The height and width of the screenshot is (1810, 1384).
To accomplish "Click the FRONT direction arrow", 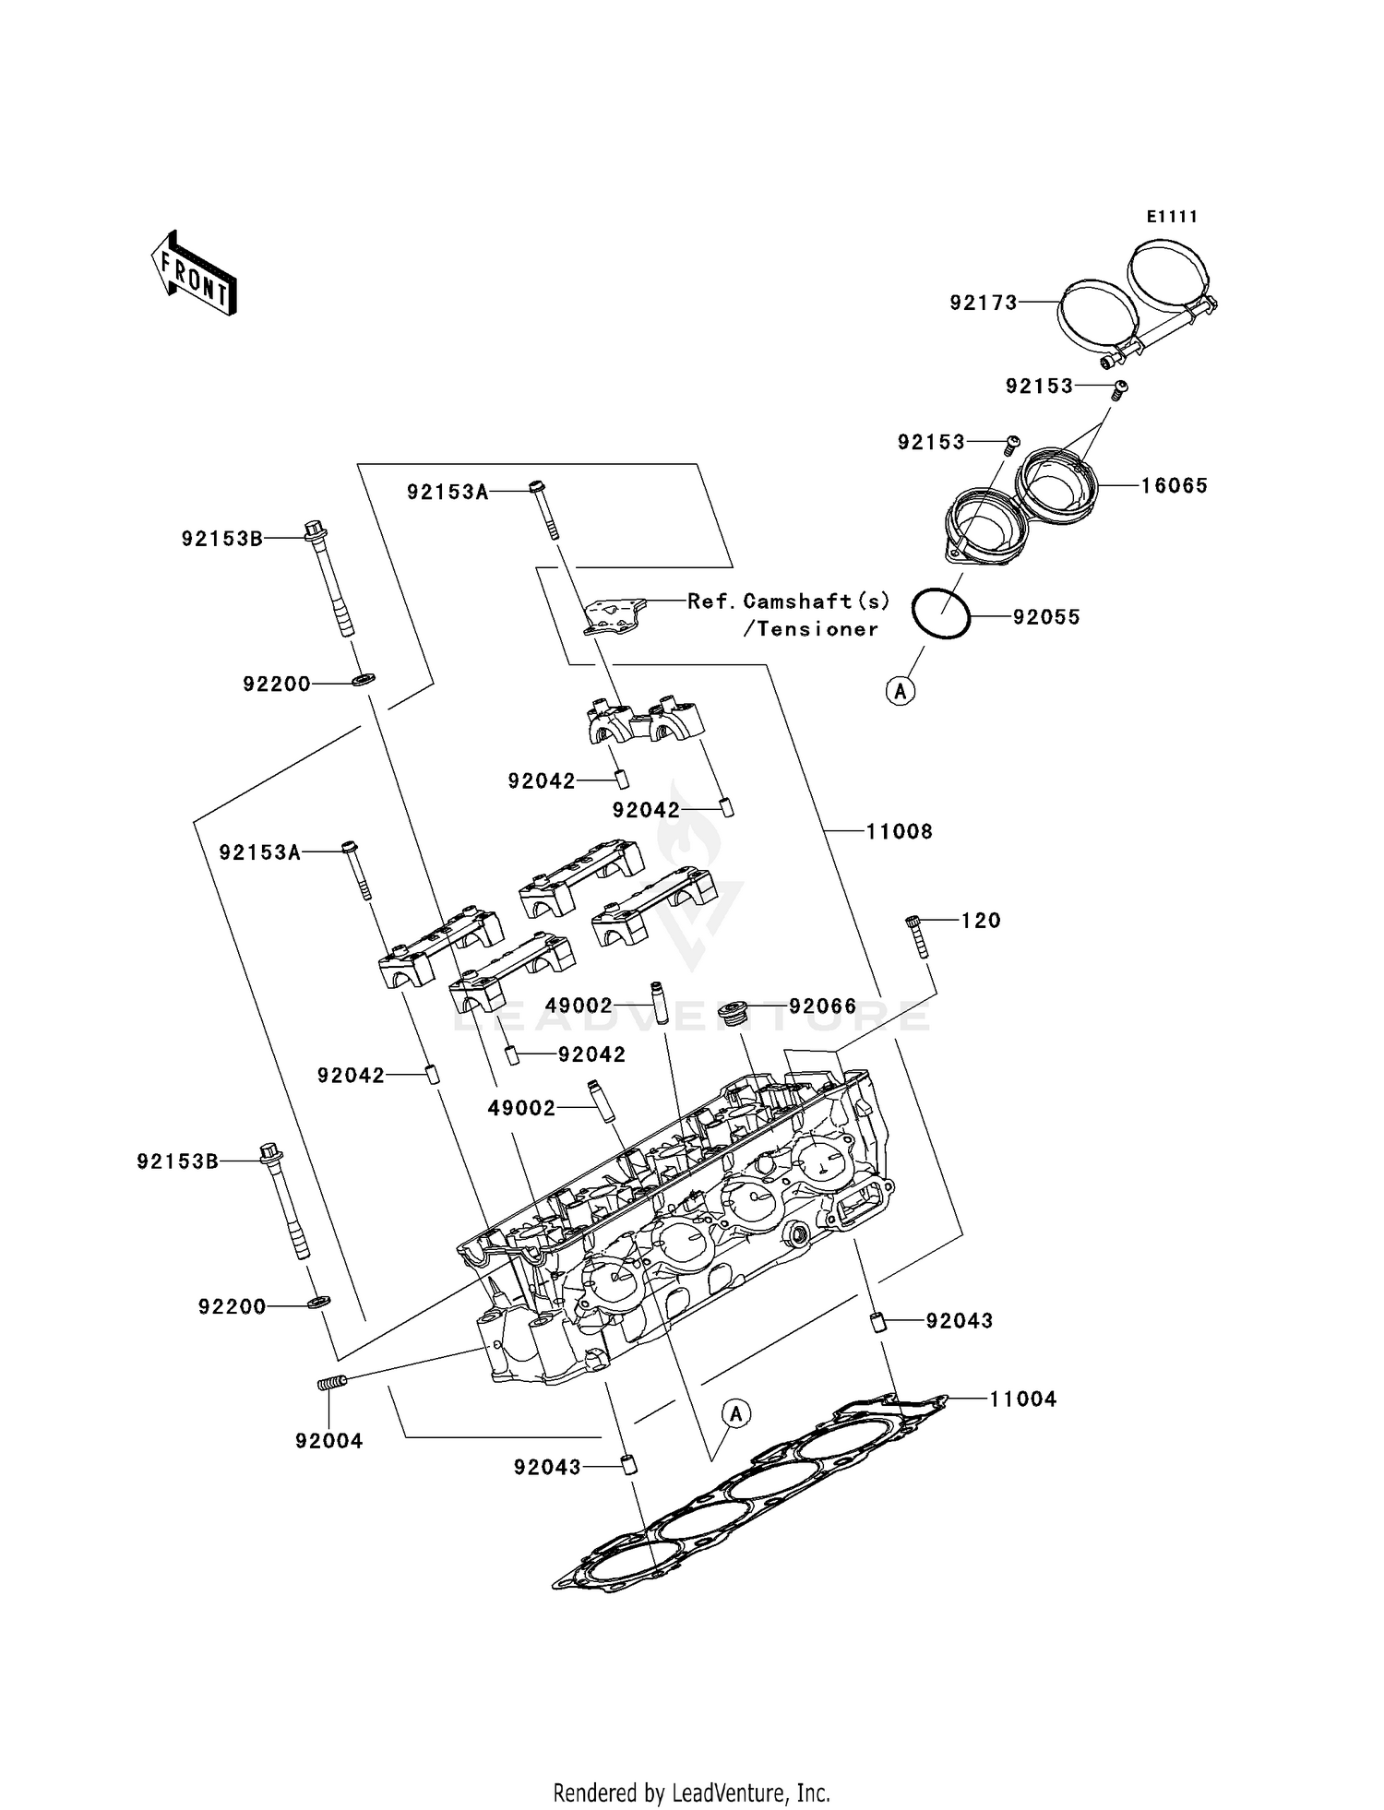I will coord(195,273).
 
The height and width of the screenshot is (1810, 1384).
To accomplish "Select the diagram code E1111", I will coord(1172,217).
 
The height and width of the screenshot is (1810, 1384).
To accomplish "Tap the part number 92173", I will coord(984,303).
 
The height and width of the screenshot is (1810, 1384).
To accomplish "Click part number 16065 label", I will coord(1174,485).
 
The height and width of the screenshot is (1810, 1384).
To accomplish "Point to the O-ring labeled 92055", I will coord(940,613).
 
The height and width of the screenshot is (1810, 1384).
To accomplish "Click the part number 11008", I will coord(899,831).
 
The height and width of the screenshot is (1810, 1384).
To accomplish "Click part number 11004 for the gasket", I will coord(1022,1399).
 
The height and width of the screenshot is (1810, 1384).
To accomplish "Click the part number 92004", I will coord(329,1441).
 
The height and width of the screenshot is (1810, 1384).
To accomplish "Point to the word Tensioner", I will coord(811,629).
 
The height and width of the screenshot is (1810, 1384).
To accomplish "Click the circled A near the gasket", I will coord(735,1413).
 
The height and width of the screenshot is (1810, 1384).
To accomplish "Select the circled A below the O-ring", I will coord(901,690).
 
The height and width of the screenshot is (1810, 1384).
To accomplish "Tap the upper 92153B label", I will coord(221,539).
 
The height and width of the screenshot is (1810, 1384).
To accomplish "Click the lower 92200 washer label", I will coord(232,1306).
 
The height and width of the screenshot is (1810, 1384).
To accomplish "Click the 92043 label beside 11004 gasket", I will coord(959,1320).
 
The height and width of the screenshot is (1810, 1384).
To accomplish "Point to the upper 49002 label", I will coord(579,1006).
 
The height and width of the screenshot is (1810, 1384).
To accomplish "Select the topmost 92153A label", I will coord(447,493).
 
